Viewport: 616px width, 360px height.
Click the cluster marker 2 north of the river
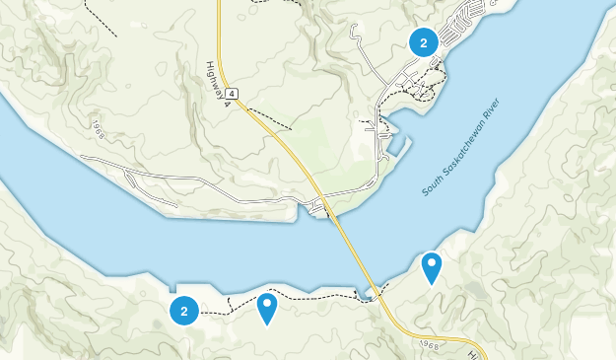coord(424,41)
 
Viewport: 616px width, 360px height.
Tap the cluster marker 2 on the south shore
coord(184,311)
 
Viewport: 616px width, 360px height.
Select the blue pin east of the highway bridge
coord(431,267)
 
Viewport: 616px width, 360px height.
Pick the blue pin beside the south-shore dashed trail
coord(267,308)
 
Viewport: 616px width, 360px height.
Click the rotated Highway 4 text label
coord(219,80)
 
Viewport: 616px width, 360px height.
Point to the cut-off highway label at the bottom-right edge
coord(474,353)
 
